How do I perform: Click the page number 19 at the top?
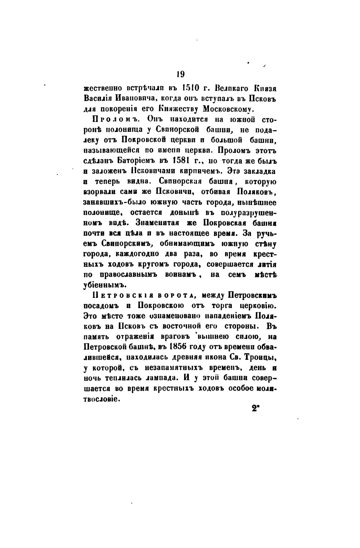coord(180,74)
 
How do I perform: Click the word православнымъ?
coord(130,275)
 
